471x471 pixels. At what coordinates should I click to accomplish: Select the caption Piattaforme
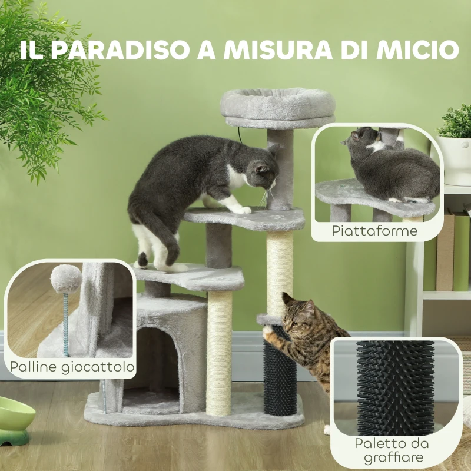coord(374,230)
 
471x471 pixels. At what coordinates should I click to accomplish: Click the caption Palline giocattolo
coord(72,369)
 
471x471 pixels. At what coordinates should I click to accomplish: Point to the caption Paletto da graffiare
coord(392,450)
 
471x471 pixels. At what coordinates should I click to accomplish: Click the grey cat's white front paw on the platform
coord(241,209)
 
